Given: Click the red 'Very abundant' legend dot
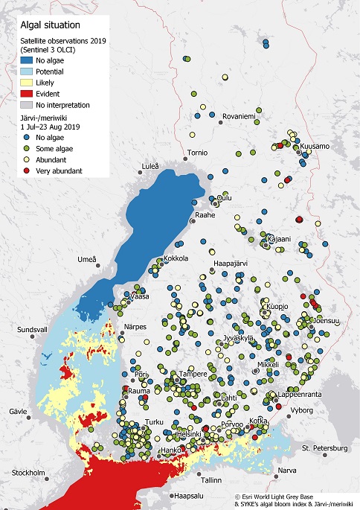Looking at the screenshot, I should (27, 170).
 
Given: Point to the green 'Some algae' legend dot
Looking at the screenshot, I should (27, 148).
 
